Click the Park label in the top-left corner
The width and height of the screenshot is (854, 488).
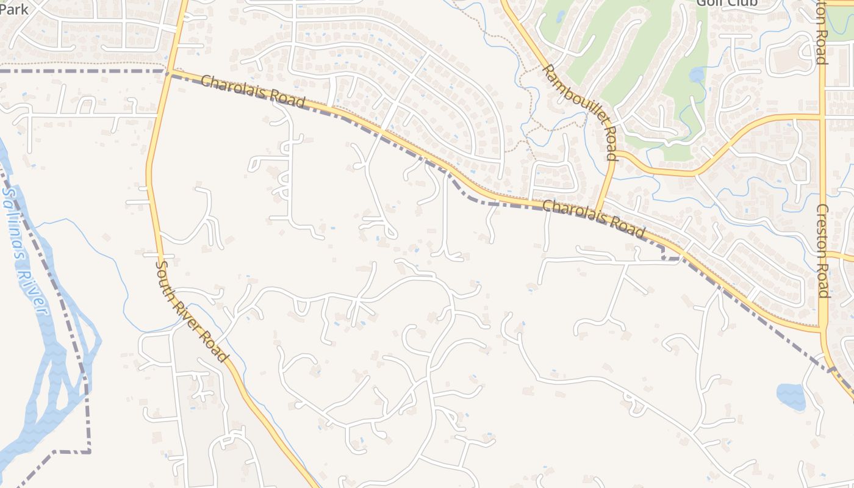[14, 9]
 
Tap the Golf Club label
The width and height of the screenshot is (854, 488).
[727, 3]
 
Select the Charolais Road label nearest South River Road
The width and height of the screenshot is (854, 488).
[253, 91]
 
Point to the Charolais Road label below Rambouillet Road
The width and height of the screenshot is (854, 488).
[593, 219]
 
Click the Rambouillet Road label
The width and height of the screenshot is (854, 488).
[580, 113]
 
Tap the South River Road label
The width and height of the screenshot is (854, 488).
[192, 311]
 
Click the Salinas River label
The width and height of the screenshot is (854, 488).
[24, 250]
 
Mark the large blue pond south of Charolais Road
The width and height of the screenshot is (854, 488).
[791, 396]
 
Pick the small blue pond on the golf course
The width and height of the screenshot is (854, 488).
[696, 75]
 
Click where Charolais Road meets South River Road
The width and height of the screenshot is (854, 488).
[168, 72]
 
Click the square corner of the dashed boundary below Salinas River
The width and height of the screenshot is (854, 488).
[90, 451]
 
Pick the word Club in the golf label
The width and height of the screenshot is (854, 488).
[742, 3]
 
